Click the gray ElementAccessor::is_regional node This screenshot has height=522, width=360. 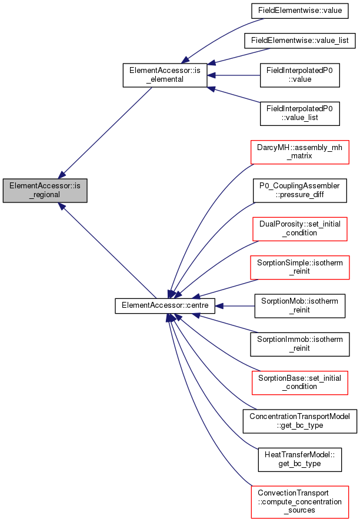[45, 189]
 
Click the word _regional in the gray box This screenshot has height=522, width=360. [45, 195]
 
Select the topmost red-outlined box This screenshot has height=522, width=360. [300, 152]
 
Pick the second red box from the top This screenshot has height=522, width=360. [300, 229]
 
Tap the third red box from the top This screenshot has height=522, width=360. [300, 268]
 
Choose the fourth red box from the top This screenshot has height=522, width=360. [300, 383]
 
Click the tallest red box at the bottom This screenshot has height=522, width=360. [300, 502]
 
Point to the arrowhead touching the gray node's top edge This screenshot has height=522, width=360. [62, 174]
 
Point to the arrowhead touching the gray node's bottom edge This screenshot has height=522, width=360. [62, 206]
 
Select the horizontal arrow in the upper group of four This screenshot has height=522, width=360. [235, 75]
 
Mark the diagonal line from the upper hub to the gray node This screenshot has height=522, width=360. [106, 131]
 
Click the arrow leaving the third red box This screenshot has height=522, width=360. [226, 288]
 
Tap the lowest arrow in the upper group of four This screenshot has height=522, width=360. [235, 95]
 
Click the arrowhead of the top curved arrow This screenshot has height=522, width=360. [185, 59]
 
